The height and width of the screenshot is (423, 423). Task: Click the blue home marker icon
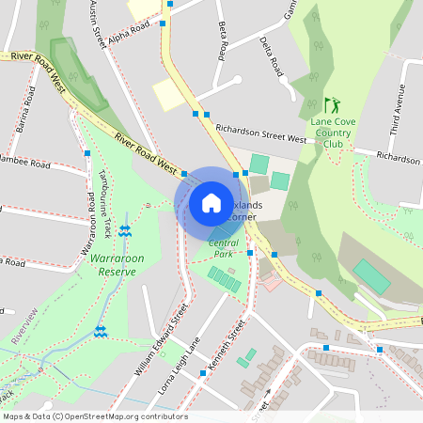tap(211, 203)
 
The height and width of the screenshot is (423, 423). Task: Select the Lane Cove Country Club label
tap(332, 133)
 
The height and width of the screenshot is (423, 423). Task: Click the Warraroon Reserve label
tap(113, 264)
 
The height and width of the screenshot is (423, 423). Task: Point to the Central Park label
tap(221, 248)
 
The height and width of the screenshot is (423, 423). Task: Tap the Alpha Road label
tap(130, 34)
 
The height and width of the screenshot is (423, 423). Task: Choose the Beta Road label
tap(223, 39)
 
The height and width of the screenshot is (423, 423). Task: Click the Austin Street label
tap(94, 23)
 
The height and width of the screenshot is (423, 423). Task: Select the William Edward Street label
tap(162, 339)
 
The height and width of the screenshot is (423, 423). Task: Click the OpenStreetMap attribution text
tap(93, 416)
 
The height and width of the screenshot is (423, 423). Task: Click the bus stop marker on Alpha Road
tap(163, 23)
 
